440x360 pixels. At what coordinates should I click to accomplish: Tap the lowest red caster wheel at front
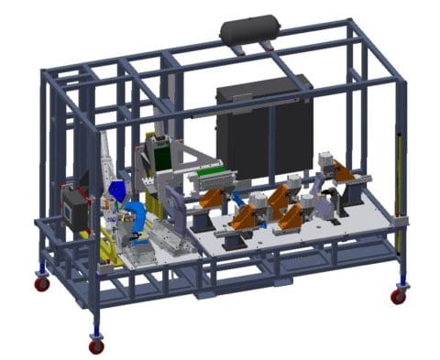tap(96, 346)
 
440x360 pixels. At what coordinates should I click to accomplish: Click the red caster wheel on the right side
tap(398, 296)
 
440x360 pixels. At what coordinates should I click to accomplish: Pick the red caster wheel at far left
tap(42, 284)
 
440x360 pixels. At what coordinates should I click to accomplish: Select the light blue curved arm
tap(136, 220)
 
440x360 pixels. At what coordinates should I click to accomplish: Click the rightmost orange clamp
tap(343, 171)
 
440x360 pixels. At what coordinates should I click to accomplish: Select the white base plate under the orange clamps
tap(302, 234)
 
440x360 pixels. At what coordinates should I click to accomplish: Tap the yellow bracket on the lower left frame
tap(108, 247)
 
